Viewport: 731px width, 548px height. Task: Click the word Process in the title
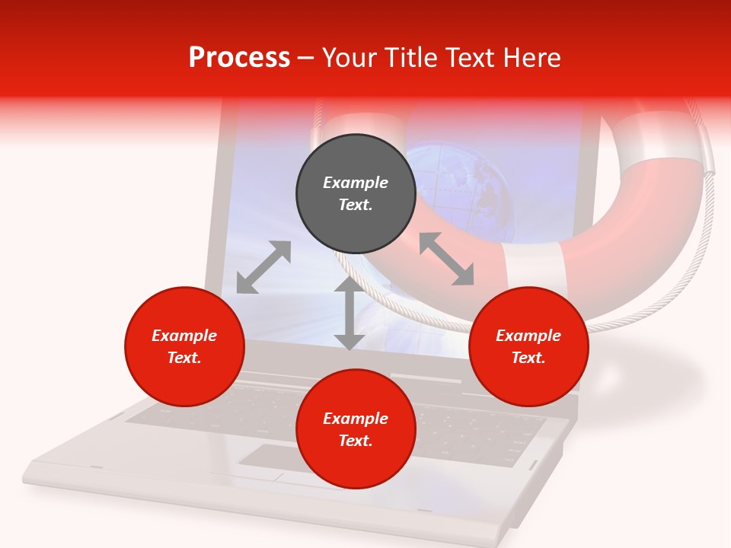tap(239, 59)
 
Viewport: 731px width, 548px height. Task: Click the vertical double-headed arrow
tap(349, 314)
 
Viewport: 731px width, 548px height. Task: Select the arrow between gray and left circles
tap(263, 267)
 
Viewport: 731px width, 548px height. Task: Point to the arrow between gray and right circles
tap(446, 260)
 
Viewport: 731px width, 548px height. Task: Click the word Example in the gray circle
tap(356, 183)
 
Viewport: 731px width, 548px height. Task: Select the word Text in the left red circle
tap(184, 358)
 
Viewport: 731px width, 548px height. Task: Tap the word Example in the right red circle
tap(528, 336)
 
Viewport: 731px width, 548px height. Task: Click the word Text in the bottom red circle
tap(356, 441)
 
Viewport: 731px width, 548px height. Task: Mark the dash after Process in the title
tap(306, 59)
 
